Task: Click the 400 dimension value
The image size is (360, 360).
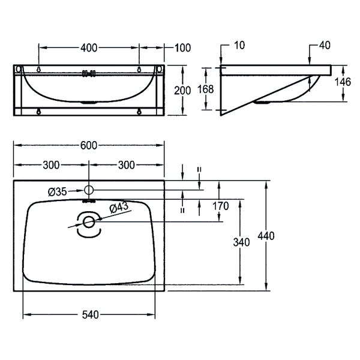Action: click(x=89, y=48)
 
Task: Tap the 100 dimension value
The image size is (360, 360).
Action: click(x=182, y=48)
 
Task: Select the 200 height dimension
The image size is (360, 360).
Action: click(x=182, y=91)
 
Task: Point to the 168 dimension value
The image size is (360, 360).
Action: click(x=205, y=89)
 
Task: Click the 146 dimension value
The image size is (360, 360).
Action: click(x=343, y=82)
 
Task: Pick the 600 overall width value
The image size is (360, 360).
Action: click(x=89, y=146)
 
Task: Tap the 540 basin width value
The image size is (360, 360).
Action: click(x=91, y=314)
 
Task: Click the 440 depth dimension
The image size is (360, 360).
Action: click(x=266, y=236)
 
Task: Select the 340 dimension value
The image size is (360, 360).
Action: click(x=241, y=242)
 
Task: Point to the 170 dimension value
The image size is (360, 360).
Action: click(x=220, y=206)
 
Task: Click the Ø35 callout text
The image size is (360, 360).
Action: click(x=58, y=192)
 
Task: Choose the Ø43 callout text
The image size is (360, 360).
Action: click(x=119, y=208)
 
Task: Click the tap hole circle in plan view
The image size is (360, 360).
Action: click(x=89, y=190)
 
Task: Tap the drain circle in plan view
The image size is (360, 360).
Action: click(x=89, y=222)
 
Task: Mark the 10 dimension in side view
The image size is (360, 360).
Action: click(x=239, y=45)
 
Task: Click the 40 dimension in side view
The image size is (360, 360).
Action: click(x=325, y=45)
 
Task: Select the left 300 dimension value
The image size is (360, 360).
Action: click(x=51, y=165)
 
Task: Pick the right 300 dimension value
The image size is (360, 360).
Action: click(x=126, y=165)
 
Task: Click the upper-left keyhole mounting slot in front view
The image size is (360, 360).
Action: click(x=39, y=69)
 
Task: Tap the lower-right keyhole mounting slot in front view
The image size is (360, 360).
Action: click(x=139, y=112)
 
